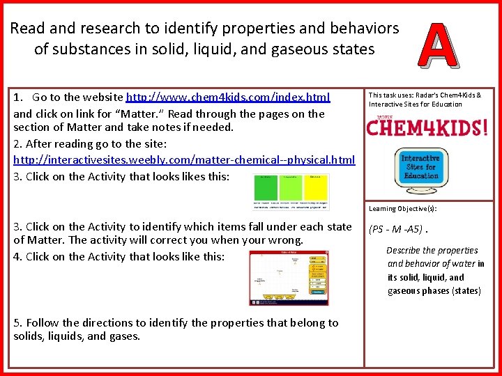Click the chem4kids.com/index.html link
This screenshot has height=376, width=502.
(x=227, y=97)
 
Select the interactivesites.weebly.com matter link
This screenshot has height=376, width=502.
(x=184, y=160)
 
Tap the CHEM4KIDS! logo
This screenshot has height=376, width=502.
(x=427, y=128)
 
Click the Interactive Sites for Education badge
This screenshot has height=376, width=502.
(x=420, y=167)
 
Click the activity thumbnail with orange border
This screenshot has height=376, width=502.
(x=289, y=277)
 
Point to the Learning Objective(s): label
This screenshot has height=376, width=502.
(x=403, y=208)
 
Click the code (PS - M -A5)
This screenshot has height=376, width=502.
(x=395, y=229)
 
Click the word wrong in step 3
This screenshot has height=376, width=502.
(x=286, y=240)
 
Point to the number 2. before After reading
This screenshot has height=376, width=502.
(x=18, y=143)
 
